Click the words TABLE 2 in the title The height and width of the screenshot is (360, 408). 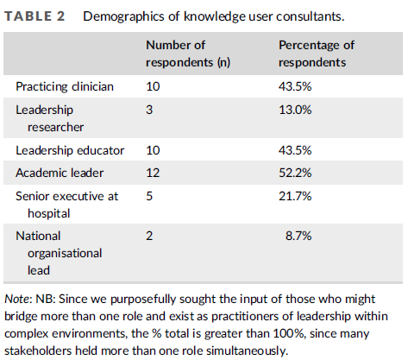35,16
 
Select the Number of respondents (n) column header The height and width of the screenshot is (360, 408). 188,54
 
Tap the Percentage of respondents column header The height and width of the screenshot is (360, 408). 317,54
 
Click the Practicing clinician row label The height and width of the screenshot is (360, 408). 65,86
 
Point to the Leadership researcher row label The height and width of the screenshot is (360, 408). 50,118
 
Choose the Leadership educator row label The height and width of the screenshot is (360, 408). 70,150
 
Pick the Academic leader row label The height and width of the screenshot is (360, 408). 60,173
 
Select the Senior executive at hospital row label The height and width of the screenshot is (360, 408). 66,205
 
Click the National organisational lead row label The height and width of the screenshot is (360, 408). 59,253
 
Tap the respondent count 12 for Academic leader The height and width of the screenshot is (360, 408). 153,173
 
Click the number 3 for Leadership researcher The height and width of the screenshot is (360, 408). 149,110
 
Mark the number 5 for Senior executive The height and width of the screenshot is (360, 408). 149,196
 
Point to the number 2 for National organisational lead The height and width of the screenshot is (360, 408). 149,236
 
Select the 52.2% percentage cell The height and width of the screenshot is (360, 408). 295,173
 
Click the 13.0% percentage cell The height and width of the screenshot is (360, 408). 295,110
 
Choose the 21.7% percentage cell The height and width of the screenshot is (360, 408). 295,196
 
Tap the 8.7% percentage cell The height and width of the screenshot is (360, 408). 298,236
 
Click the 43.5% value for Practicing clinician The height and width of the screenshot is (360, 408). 295,86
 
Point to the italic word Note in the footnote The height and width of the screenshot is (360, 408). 17,299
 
